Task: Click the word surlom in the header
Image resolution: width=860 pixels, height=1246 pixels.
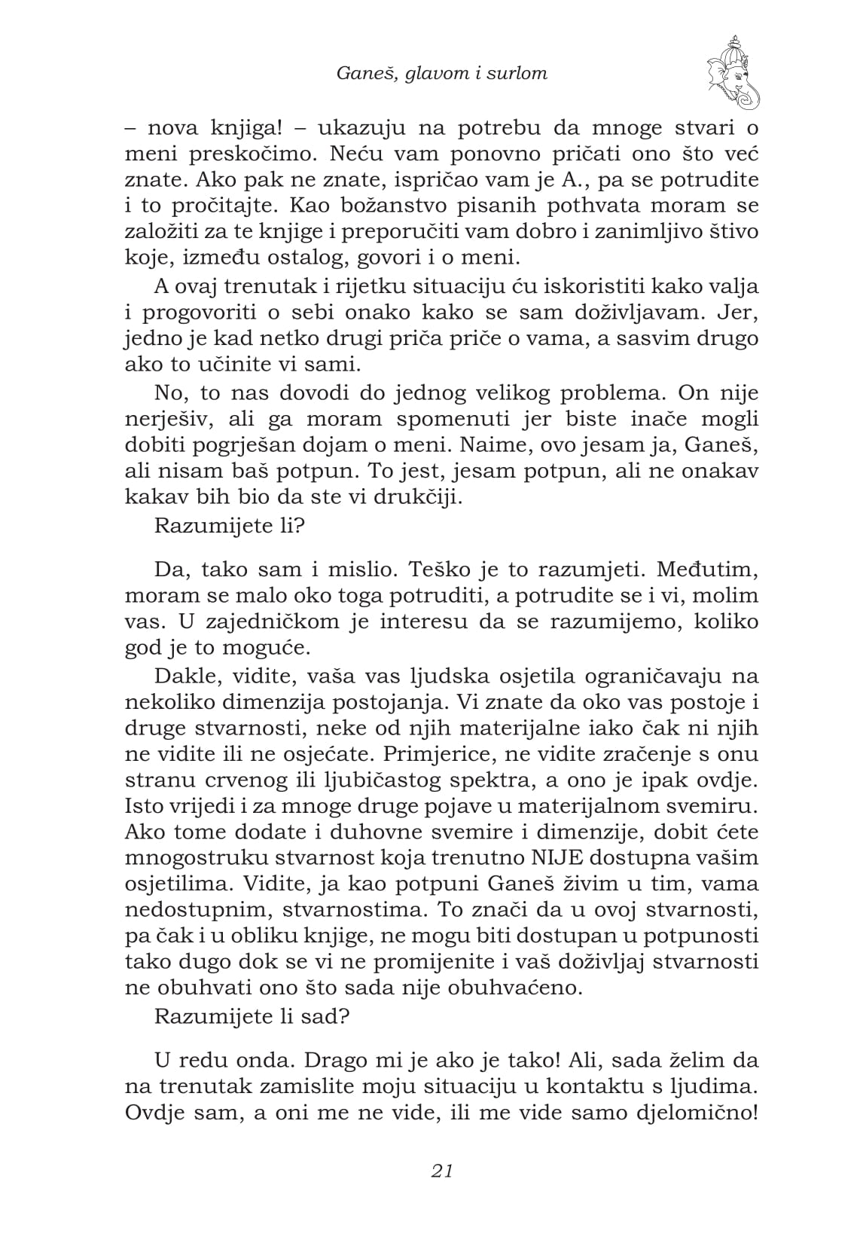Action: tap(519, 73)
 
